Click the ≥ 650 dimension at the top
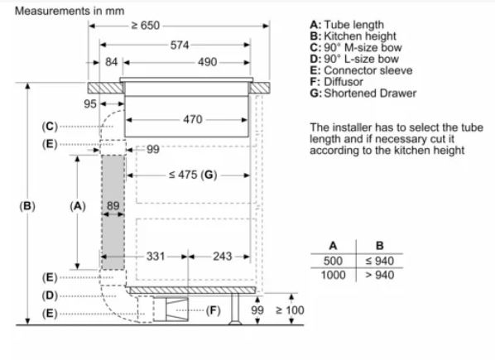click(x=146, y=25)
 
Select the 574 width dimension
click(x=180, y=46)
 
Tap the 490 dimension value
click(x=208, y=62)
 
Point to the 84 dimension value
click(x=111, y=62)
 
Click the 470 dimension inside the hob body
click(x=193, y=119)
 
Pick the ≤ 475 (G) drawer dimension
click(x=193, y=175)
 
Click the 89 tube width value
click(x=113, y=206)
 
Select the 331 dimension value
click(x=156, y=257)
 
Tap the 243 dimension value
click(x=222, y=257)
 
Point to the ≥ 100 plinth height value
click(x=290, y=310)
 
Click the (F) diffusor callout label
click(x=213, y=310)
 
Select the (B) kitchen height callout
click(x=27, y=206)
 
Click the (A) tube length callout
click(x=78, y=206)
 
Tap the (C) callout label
click(x=50, y=127)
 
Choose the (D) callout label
click(x=50, y=295)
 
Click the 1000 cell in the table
click(x=333, y=275)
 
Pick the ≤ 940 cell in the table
click(x=379, y=261)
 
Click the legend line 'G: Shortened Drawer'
click(x=363, y=93)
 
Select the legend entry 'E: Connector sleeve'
click(x=361, y=70)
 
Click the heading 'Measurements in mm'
click(x=70, y=11)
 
